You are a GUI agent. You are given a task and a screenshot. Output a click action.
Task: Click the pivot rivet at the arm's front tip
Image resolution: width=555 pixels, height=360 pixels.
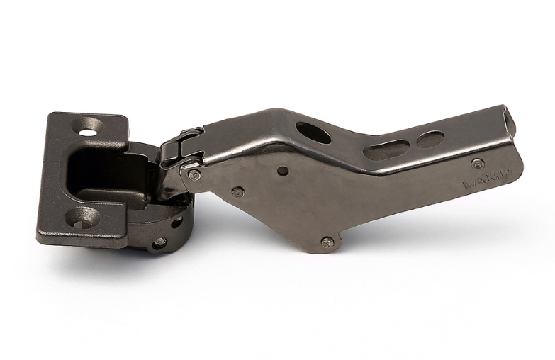point(194,174)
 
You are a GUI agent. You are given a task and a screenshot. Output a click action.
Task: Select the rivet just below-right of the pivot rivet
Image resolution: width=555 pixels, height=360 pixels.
point(238,191)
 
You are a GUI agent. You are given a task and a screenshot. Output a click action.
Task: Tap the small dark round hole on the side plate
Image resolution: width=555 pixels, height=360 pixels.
point(283,171)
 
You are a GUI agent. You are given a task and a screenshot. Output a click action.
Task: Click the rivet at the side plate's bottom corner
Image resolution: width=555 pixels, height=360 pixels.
point(327,242)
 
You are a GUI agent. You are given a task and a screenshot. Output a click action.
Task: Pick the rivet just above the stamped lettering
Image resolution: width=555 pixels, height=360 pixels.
point(478,164)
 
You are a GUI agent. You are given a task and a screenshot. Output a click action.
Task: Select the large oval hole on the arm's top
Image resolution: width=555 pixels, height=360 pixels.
point(313,133)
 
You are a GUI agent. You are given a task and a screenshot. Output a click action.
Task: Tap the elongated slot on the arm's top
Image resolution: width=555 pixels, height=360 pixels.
point(387,150)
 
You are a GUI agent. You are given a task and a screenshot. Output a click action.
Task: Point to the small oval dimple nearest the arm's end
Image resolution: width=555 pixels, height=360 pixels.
point(430,139)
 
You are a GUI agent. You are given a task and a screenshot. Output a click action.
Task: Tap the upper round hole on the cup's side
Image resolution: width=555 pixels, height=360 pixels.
point(176,222)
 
